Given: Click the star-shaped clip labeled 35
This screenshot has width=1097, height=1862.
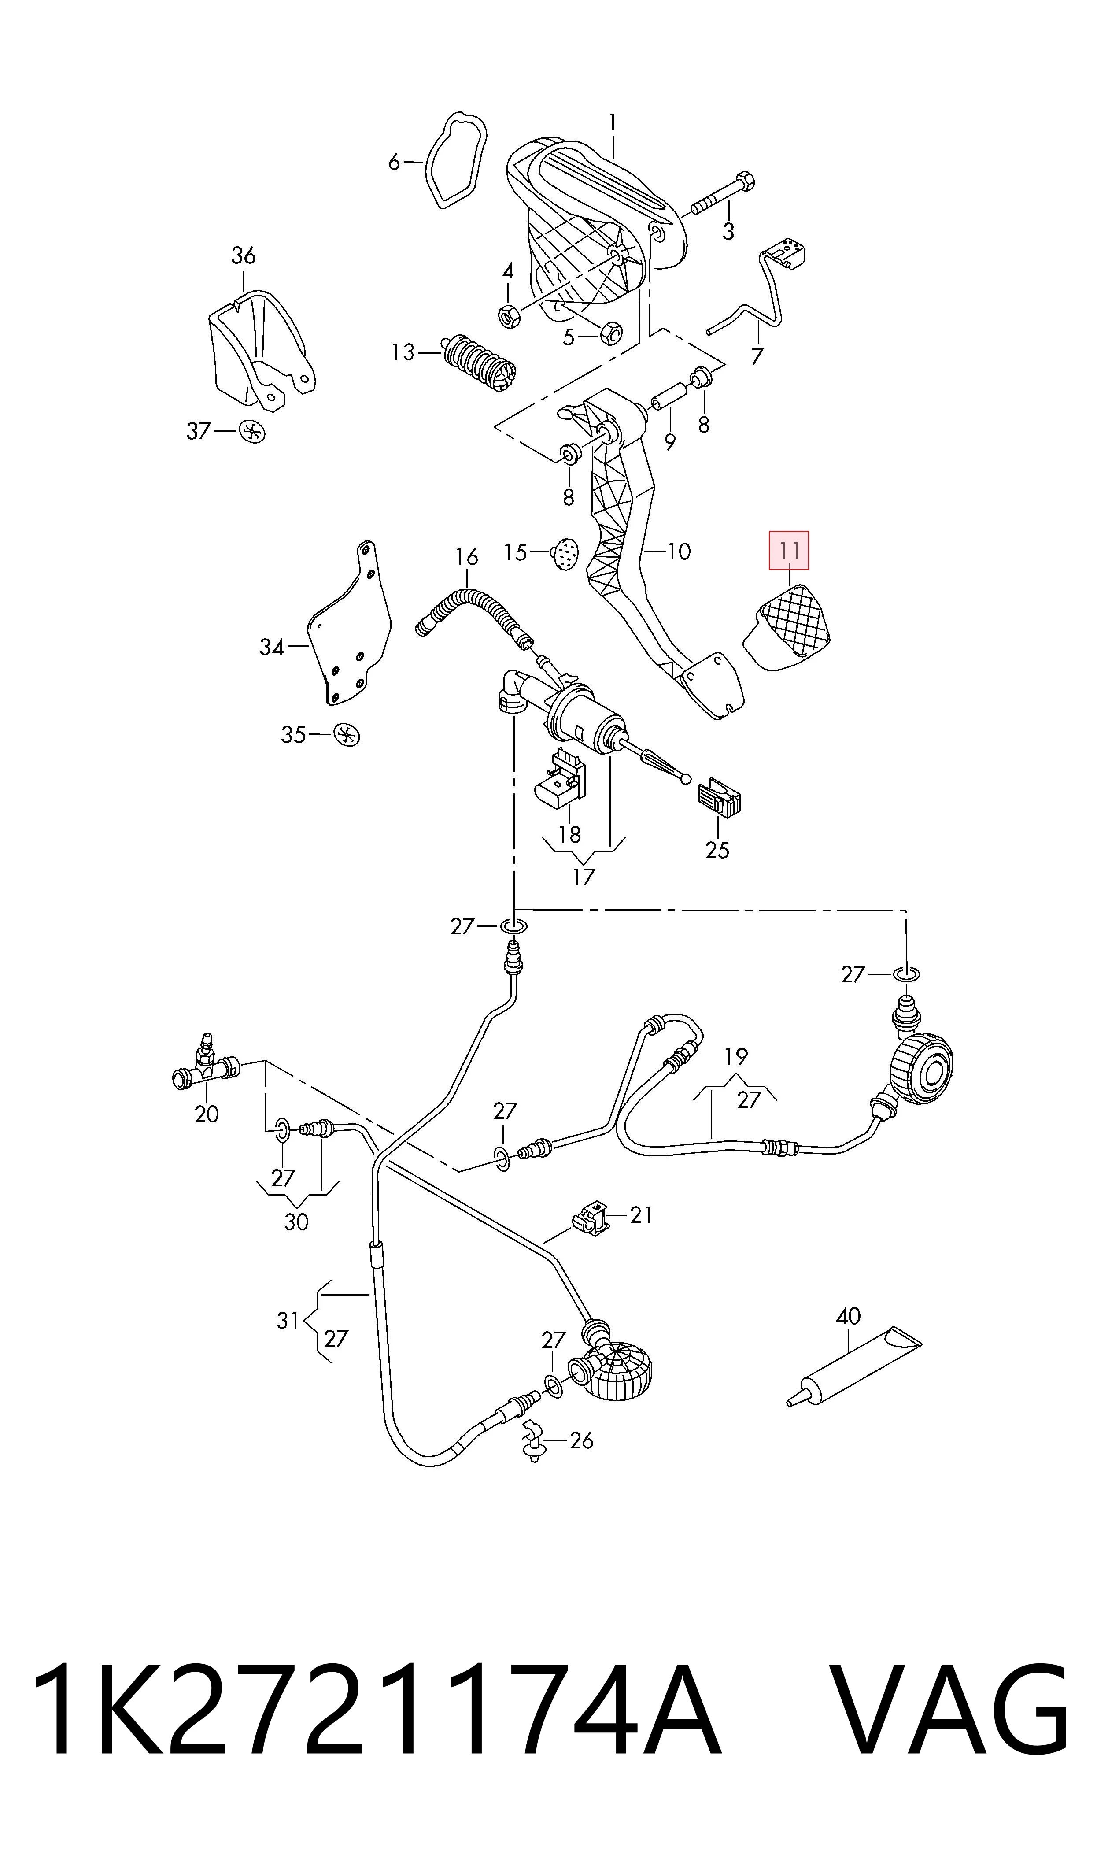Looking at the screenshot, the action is (347, 735).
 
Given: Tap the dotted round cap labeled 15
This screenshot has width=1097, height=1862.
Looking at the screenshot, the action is (565, 554).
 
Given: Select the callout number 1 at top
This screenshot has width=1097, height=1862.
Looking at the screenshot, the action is (612, 123).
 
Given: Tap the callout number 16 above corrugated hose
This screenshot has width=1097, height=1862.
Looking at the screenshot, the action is (466, 557).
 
